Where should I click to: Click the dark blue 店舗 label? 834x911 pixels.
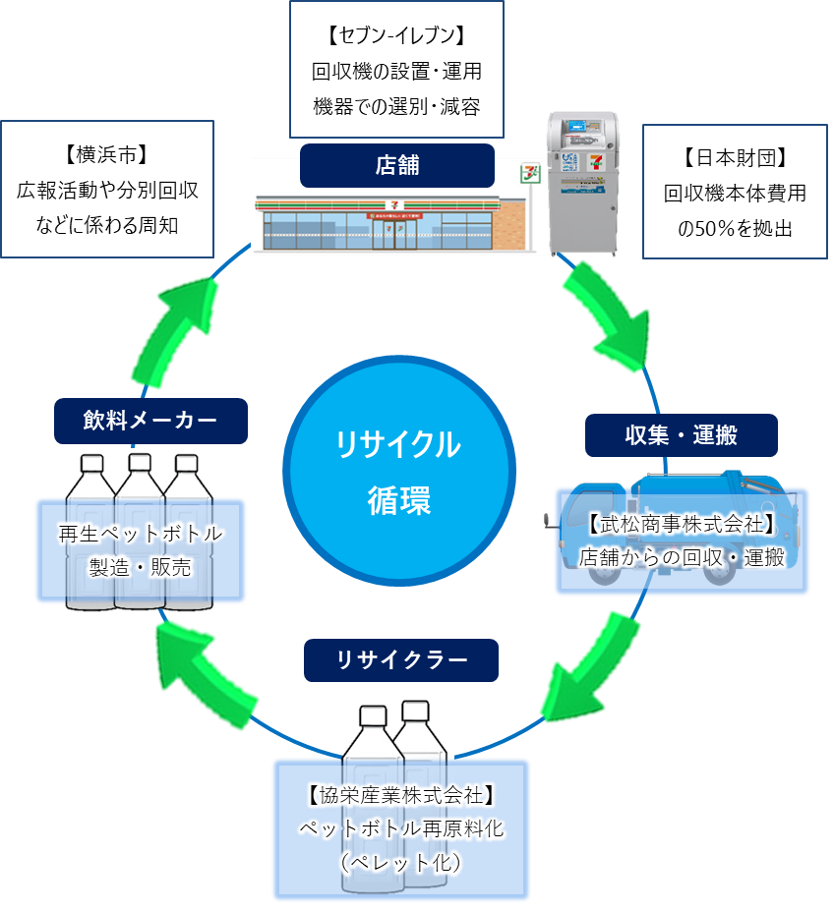(396, 165)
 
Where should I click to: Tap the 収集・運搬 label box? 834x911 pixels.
(681, 435)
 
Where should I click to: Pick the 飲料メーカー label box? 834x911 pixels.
(150, 421)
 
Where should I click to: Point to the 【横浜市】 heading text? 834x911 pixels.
(106, 154)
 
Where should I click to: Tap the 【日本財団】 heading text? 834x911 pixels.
(734, 157)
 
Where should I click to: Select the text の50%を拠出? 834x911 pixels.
(734, 228)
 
